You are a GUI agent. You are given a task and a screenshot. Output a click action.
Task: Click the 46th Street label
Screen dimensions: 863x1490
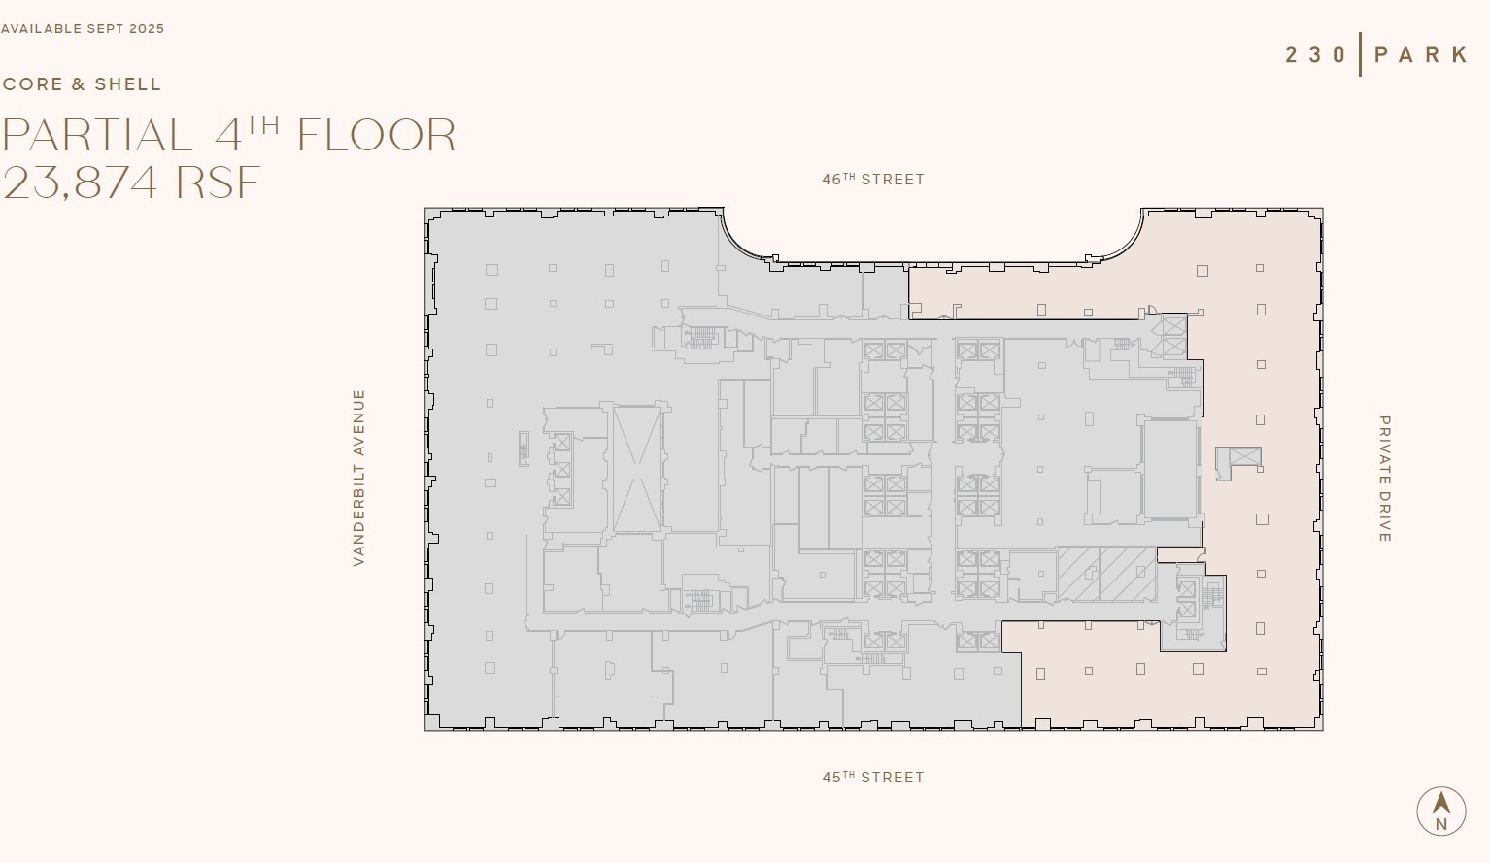click(873, 180)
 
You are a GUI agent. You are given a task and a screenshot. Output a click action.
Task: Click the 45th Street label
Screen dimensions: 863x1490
click(873, 778)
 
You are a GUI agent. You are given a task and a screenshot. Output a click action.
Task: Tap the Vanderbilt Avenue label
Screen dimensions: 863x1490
click(358, 478)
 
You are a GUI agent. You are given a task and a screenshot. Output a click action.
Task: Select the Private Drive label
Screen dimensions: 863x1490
click(1385, 479)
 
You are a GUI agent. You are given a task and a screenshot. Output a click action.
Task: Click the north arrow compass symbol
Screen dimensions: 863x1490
click(1441, 811)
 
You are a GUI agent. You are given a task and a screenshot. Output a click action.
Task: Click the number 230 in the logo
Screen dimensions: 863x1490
click(1316, 54)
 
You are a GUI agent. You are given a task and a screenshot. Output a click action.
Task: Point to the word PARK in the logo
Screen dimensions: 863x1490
click(1421, 54)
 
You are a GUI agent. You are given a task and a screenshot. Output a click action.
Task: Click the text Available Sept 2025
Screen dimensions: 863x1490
click(83, 29)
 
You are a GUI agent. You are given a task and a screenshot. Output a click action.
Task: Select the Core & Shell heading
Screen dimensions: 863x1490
click(83, 84)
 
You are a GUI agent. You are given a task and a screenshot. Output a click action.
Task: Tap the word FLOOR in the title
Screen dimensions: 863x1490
click(377, 136)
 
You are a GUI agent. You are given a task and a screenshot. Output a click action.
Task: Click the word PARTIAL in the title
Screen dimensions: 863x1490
click(97, 136)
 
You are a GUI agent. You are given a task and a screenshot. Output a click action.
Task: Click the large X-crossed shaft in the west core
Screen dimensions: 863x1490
click(637, 469)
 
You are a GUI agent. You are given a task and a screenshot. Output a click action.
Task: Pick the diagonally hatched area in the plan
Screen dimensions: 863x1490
click(1106, 574)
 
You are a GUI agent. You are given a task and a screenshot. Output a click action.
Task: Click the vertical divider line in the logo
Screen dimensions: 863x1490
click(1360, 54)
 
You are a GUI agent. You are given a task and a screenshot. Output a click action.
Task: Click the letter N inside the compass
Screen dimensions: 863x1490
click(1441, 824)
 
